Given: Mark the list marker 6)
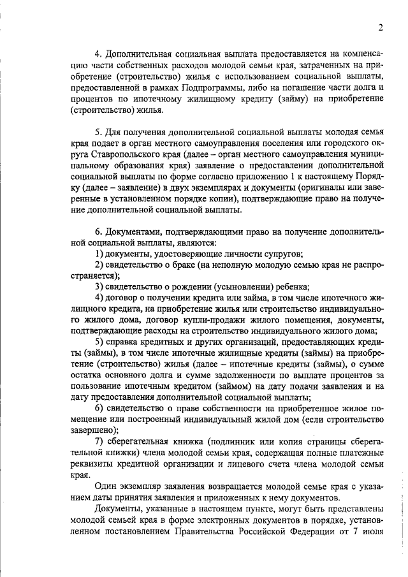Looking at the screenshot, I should [x=99, y=407].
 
